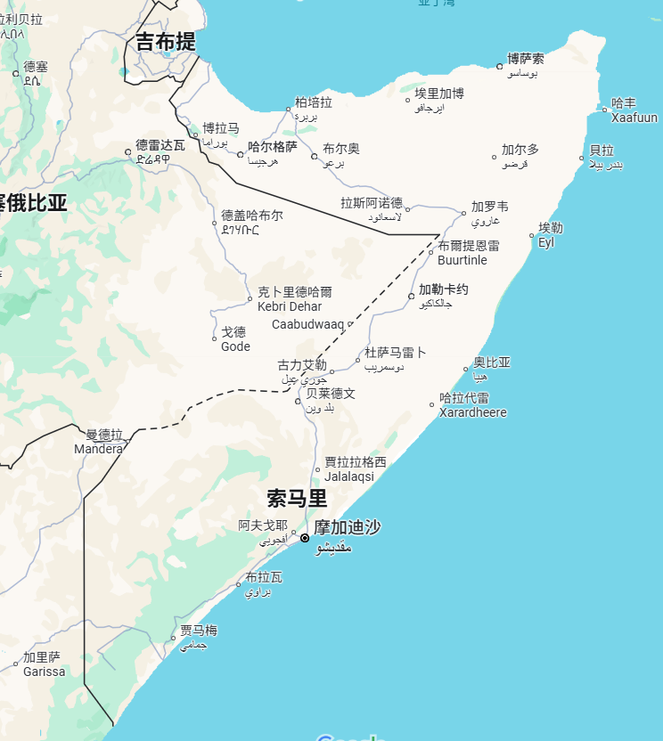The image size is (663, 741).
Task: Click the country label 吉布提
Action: coord(166,42)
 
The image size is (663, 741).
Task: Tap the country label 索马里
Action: coord(297,498)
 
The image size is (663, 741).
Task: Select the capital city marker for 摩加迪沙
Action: coord(305,538)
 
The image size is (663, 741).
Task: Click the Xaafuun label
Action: coord(634,118)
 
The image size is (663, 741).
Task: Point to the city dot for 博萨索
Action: coord(500,66)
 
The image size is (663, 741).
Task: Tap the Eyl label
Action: coord(546,242)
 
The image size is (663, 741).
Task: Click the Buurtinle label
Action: coord(462,260)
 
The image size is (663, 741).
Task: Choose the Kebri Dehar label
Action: coord(290,306)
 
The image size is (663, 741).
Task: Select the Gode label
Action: coord(235,346)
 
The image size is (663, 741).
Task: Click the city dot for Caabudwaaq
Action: coord(350,324)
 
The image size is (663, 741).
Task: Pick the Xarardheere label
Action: coord(473,412)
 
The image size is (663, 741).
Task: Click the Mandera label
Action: coord(98,449)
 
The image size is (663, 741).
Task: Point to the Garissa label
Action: coord(45,672)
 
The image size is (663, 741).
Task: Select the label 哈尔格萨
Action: coord(273,147)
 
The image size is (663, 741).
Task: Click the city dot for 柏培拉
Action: coord(289,110)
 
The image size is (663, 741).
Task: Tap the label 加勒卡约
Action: coord(444,289)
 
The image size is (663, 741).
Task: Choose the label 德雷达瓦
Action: coord(160,144)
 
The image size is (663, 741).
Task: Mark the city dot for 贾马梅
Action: coord(173,639)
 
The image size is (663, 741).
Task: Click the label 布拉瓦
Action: coord(264,577)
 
